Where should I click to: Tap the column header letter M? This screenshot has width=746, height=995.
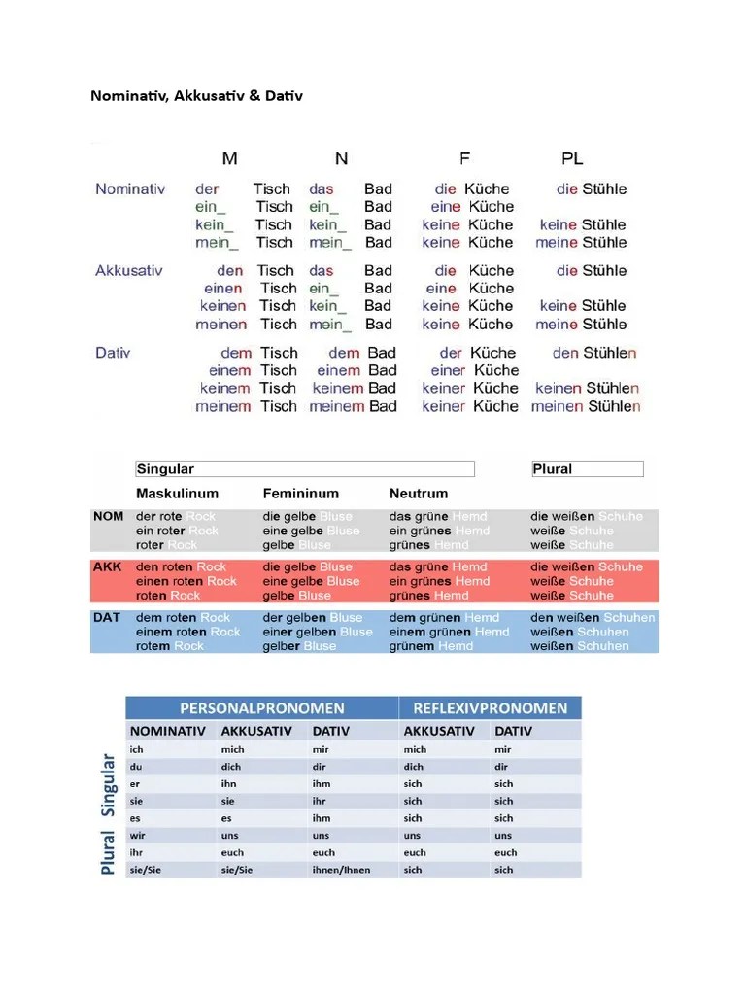tap(228, 157)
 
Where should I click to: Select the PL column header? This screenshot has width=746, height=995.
tap(572, 157)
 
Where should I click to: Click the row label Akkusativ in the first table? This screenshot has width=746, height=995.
tap(128, 270)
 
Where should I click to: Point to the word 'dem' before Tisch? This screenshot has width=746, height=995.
tap(236, 353)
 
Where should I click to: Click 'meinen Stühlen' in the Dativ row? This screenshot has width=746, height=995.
tap(586, 406)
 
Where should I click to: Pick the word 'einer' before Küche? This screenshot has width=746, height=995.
tap(448, 370)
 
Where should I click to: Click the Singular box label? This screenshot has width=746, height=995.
tap(165, 469)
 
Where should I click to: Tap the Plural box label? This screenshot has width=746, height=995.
tap(553, 469)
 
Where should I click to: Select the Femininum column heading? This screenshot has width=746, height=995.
tap(300, 494)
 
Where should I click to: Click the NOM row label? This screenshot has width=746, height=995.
tap(108, 516)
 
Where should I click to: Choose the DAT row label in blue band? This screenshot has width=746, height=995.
tap(107, 617)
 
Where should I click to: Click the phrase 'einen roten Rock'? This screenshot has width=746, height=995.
tap(186, 581)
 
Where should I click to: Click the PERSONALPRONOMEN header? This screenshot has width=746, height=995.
tap(261, 708)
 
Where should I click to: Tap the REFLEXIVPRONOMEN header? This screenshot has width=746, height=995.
tap(490, 708)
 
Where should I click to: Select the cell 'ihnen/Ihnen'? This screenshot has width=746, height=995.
tap(341, 870)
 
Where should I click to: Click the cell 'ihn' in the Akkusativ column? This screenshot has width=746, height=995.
tap(230, 783)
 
